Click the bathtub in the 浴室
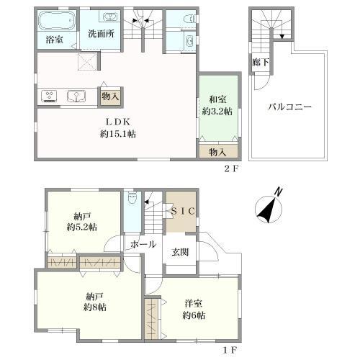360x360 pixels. tap(57, 20)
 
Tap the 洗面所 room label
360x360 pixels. tap(101, 34)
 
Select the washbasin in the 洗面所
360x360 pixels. tap(110, 17)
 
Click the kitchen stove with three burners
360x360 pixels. tap(49, 96)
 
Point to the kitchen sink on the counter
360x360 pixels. tap(76, 96)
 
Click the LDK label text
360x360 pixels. tap(118, 122)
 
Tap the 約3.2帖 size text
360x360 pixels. tap(217, 112)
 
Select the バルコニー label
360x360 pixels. tap(289, 107)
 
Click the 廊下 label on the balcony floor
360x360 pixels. tap(261, 63)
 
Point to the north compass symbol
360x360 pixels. tap(269, 207)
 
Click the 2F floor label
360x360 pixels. tap(231, 169)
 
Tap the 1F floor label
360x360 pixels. tap(230, 350)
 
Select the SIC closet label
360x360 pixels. tap(183, 211)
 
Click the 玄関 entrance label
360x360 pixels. tap(180, 252)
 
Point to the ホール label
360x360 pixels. tap(143, 245)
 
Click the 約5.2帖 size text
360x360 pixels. tap(81, 227)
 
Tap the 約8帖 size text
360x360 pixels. tap(95, 307)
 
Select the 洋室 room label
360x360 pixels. tap(194, 304)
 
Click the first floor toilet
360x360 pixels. tap(131, 198)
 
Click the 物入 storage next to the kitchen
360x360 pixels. tap(110, 96)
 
